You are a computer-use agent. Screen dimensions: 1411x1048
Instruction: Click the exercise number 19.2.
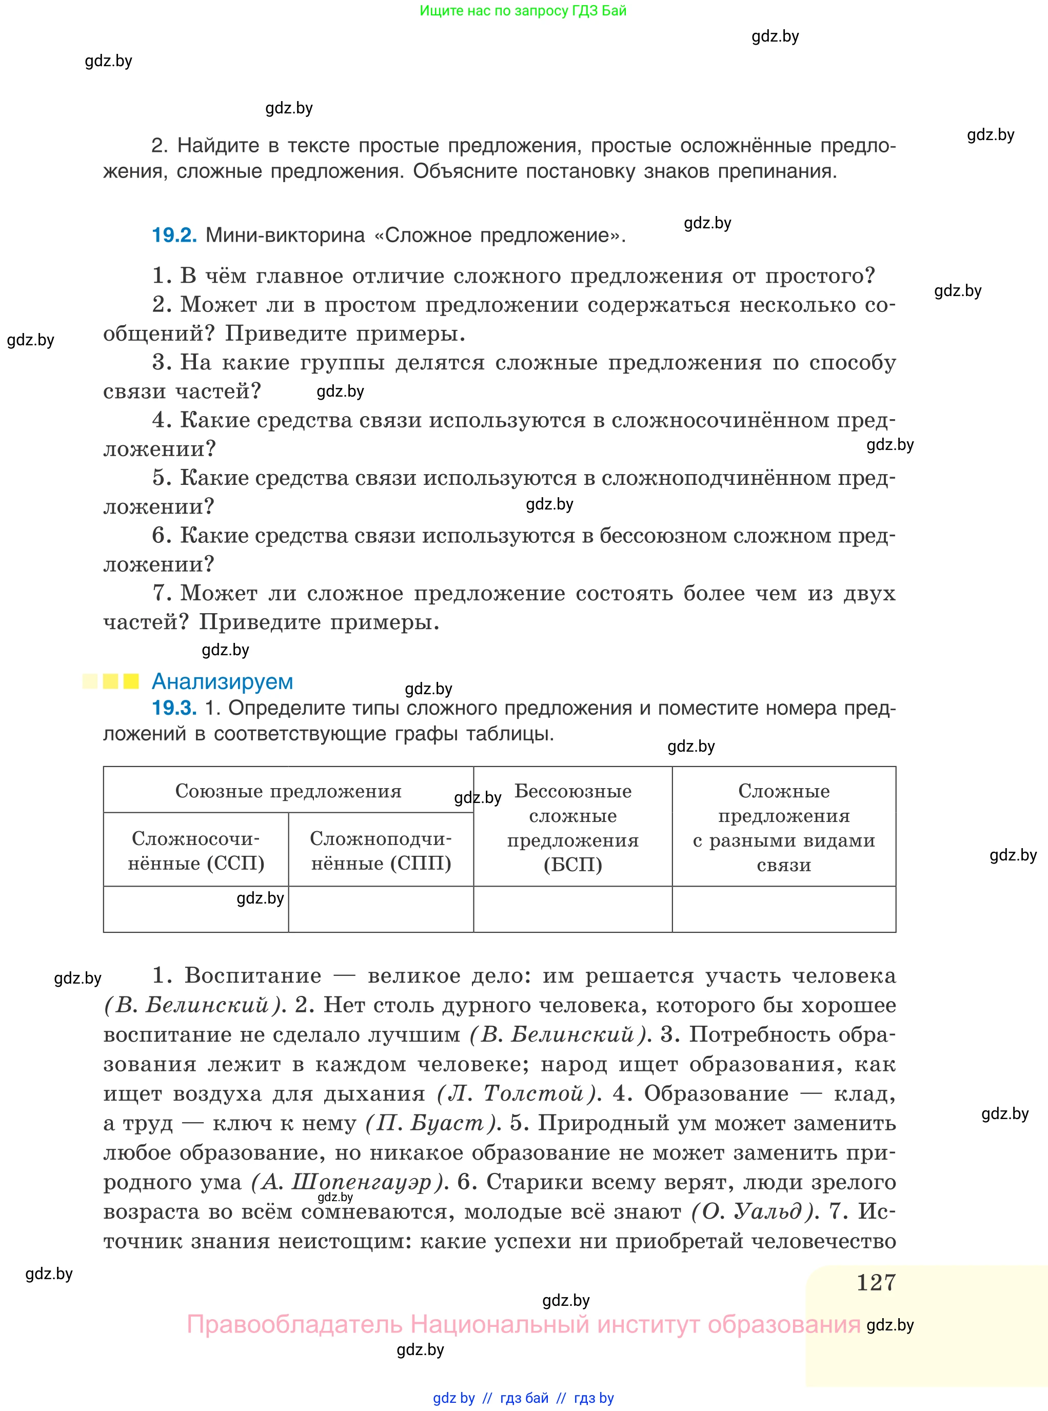[174, 236]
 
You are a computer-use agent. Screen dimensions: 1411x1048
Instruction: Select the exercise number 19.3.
[174, 708]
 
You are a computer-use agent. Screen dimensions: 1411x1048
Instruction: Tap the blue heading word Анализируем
[222, 681]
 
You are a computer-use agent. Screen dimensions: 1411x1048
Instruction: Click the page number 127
[876, 1282]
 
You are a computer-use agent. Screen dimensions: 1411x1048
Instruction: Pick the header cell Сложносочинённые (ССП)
[196, 850]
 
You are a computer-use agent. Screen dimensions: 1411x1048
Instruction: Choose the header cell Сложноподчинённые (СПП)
[381, 850]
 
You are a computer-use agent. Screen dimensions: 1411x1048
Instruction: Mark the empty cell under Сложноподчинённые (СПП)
[381, 909]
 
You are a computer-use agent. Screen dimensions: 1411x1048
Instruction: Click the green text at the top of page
[523, 11]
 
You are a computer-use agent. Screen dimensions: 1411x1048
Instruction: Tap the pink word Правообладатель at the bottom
[294, 1325]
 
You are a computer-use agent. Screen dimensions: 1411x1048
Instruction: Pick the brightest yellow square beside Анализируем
[131, 681]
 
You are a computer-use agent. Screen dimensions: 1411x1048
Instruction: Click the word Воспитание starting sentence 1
[252, 975]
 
